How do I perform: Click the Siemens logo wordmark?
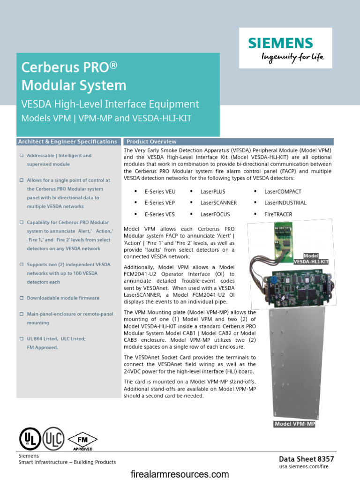280,43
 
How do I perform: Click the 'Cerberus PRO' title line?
68,67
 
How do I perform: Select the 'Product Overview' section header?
151,142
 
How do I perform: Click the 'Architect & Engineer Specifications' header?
67,142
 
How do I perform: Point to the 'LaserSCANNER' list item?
218,203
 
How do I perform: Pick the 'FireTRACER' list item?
278,214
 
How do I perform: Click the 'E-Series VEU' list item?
160,192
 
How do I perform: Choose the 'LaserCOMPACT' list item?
283,192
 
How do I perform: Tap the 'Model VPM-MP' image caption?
295,424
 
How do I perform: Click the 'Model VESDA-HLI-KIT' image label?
311,259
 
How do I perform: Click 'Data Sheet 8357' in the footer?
307,459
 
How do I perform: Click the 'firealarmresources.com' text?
180,474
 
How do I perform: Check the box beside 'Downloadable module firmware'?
21,298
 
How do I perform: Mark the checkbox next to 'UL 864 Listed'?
21,338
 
